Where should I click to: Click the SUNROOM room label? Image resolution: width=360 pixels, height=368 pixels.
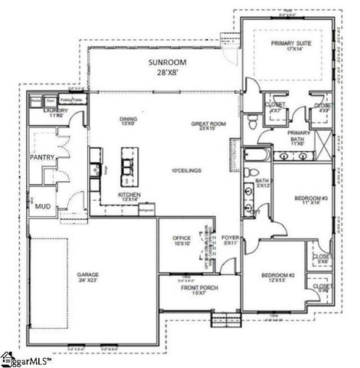point(151,61)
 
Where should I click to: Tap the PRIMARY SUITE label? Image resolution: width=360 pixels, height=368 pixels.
point(290,44)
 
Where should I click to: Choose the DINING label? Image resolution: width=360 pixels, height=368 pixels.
point(128,119)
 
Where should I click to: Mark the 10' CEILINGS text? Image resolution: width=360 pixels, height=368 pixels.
point(187,170)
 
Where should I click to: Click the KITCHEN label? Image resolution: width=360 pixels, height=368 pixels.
point(128,195)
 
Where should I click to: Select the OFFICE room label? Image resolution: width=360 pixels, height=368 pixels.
point(182,238)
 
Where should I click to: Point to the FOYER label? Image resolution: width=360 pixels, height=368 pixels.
point(230,238)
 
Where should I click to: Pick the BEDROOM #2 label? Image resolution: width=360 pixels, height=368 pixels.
point(274,274)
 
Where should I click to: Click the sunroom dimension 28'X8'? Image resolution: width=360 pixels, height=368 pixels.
point(151,74)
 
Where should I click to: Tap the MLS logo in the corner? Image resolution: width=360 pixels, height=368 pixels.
point(28,358)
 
